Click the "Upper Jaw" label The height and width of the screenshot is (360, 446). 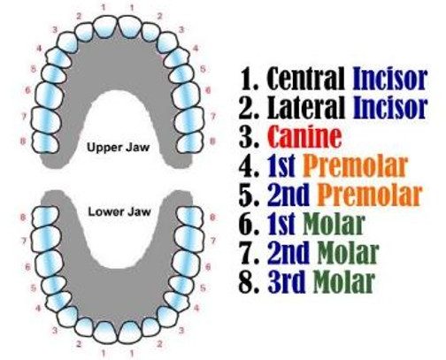[119, 147]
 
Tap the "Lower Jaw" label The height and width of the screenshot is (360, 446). [119, 211]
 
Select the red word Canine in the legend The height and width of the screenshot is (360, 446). [305, 136]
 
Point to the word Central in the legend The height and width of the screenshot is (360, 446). [306, 79]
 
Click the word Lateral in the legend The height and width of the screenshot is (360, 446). [306, 107]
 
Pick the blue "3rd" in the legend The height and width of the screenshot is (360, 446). [287, 281]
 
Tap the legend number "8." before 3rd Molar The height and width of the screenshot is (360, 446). [250, 282]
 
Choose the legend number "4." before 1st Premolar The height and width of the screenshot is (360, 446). [250, 166]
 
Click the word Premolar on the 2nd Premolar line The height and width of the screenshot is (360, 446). [369, 195]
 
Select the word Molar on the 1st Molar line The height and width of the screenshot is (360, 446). [334, 224]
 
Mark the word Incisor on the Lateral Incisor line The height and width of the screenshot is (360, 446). [390, 107]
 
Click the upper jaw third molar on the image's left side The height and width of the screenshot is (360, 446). [45, 142]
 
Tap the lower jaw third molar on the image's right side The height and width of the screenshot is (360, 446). [190, 216]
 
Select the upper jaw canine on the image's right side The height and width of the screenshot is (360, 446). [167, 42]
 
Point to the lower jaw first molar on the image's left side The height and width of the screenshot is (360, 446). [50, 263]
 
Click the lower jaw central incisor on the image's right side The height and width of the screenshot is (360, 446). [131, 333]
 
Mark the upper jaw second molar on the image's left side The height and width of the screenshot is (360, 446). [46, 120]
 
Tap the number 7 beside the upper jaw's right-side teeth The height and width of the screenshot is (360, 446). [213, 117]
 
